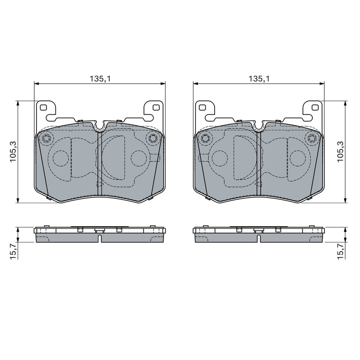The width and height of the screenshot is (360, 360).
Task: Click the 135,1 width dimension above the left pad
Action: pyautogui.click(x=100, y=79)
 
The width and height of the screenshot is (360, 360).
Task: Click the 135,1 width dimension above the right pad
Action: pyautogui.click(x=259, y=79)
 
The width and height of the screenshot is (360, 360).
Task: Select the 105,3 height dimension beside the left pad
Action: pyautogui.click(x=13, y=152)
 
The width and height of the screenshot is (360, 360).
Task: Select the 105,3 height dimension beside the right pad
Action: pyautogui.click(x=340, y=152)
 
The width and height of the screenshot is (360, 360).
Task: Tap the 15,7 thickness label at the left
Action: pyautogui.click(x=13, y=252)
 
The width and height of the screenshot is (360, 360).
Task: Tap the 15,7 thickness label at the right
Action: pyautogui.click(x=341, y=252)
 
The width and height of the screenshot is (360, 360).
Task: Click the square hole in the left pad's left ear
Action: pyautogui.click(x=43, y=107)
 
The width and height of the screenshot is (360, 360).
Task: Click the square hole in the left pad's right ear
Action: pyautogui.click(x=156, y=107)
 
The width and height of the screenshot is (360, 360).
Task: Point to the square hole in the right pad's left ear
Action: pyautogui.click(x=202, y=107)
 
